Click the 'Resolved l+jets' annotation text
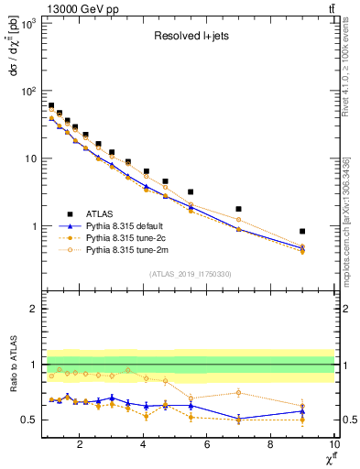[190, 38]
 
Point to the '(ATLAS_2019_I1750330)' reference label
[190, 274]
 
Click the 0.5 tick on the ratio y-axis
[30, 420]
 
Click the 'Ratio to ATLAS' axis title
[12, 365]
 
